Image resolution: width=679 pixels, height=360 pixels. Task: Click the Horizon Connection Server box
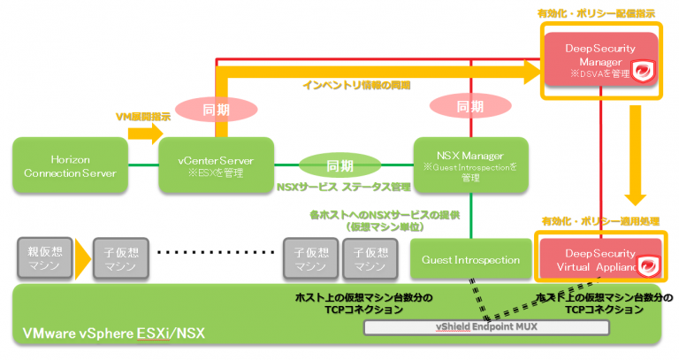[66, 165]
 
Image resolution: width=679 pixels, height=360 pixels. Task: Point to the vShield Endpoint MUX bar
[487, 327]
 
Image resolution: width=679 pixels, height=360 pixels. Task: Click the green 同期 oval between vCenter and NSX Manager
[340, 165]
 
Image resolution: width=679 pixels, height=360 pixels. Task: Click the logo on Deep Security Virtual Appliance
[648, 264]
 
